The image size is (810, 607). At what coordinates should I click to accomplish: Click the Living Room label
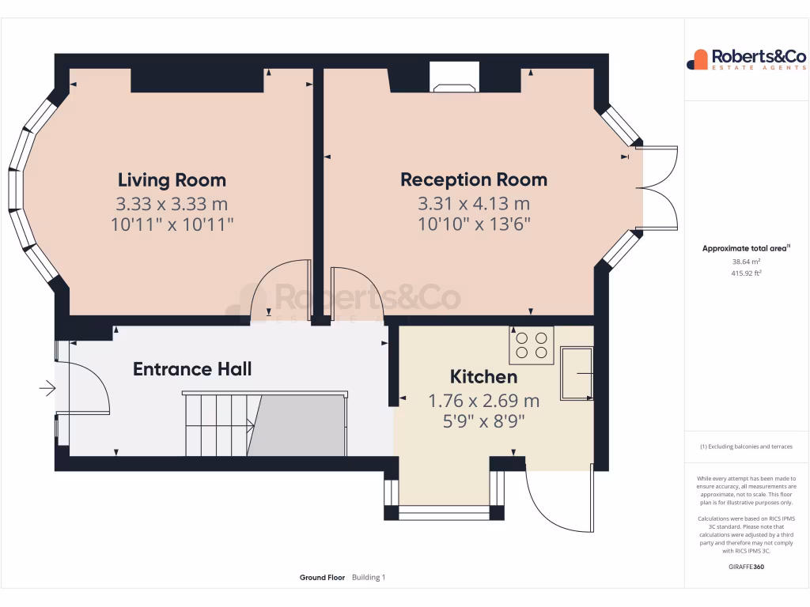point(172,180)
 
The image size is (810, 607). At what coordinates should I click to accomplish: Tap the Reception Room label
point(473,179)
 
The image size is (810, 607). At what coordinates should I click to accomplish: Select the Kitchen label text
point(483,377)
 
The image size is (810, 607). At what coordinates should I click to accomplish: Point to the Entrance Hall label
point(192,369)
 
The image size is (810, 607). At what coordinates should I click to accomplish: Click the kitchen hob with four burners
point(532,345)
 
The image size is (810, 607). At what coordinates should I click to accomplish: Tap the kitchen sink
point(577,371)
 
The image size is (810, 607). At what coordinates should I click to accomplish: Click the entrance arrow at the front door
point(47,388)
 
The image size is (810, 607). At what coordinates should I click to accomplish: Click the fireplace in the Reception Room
point(454,77)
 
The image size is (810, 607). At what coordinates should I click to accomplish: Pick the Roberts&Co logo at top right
point(746,59)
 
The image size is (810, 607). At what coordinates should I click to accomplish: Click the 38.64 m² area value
point(746,261)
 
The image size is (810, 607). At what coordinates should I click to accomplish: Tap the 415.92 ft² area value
point(746,273)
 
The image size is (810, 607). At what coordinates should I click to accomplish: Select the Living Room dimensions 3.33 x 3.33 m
point(172,204)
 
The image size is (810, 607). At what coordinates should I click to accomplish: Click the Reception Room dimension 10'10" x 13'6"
point(473,224)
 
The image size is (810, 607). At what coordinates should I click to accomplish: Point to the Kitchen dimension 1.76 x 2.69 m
point(483,401)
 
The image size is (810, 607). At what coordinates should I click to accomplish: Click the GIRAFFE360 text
point(746,566)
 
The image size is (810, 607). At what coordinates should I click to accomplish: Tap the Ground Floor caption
point(322,578)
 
